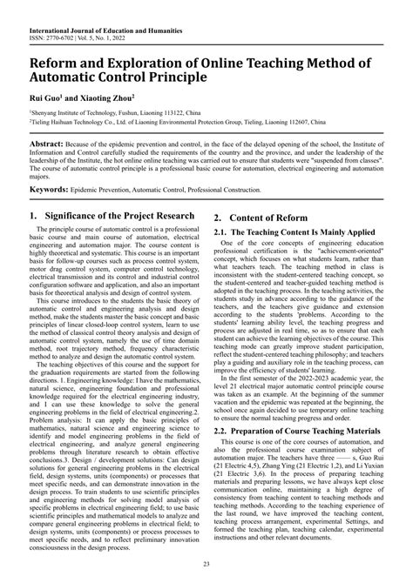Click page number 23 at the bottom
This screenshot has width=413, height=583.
[x=206, y=566]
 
